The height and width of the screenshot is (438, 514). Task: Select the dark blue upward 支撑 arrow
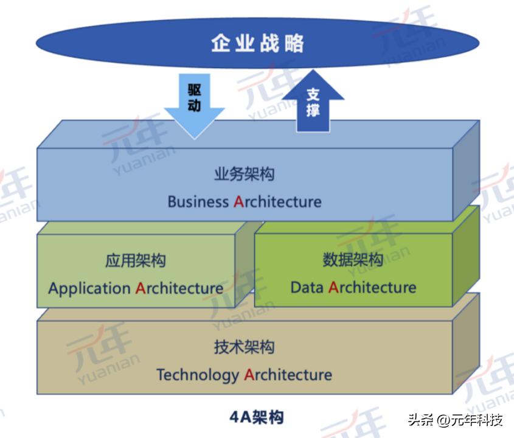tap(313, 103)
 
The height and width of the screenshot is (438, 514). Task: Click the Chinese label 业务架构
tap(244, 174)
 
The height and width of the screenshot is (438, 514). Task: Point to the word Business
tap(198, 201)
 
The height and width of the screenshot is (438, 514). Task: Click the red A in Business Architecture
tap(238, 201)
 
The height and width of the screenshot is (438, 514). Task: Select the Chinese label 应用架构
tap(135, 261)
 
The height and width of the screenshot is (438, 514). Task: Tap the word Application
tap(89, 288)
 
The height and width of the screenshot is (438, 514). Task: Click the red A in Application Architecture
tap(141, 288)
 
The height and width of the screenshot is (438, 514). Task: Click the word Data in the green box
tap(307, 287)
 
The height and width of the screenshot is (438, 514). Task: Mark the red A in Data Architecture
tap(333, 287)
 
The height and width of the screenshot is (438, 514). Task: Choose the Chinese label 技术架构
tap(244, 347)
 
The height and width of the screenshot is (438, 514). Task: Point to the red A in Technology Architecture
tap(249, 374)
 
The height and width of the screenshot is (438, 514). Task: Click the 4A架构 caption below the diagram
tap(256, 417)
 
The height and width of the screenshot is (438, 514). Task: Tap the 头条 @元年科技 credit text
tap(456, 420)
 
